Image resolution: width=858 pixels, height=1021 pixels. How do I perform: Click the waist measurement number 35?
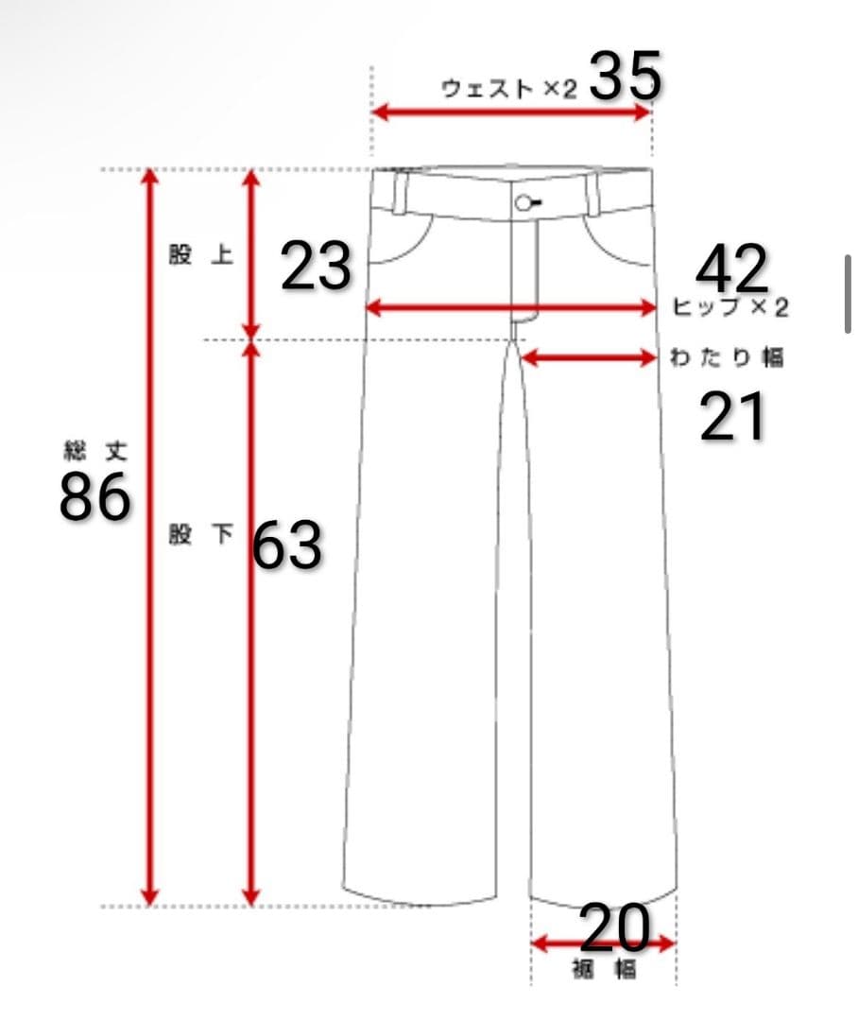[x=626, y=76]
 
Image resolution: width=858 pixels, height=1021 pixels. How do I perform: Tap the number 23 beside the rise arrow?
[x=317, y=266]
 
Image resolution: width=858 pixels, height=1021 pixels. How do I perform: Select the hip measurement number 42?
[x=731, y=268]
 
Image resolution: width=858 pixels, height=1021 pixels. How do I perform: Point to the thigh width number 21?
[x=732, y=417]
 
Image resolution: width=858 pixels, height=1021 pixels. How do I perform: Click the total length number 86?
[x=95, y=496]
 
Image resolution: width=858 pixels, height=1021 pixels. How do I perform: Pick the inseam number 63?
[x=287, y=545]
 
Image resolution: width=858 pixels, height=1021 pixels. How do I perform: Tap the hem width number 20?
[x=614, y=927]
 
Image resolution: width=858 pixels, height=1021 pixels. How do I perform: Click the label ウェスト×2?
[x=509, y=89]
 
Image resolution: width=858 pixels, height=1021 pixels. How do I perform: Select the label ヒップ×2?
[x=729, y=306]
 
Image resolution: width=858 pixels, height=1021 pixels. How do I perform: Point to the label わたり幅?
[x=727, y=357]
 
